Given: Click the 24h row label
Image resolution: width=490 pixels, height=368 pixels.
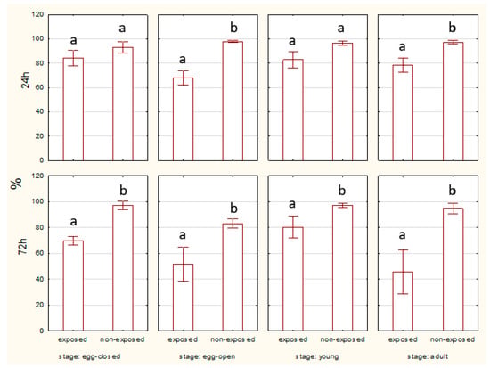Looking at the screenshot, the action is [25, 80].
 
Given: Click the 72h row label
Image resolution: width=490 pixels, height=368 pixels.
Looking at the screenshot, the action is [23, 246].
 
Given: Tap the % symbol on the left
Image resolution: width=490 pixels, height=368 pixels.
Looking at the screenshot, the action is [16, 184].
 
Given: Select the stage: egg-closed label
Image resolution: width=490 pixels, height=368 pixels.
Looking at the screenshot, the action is [89, 356].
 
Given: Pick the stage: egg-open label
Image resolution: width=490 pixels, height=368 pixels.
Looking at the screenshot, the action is [208, 356].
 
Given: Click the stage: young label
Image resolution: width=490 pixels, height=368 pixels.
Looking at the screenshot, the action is [317, 356].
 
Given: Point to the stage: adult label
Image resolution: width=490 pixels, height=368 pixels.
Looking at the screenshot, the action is [428, 356].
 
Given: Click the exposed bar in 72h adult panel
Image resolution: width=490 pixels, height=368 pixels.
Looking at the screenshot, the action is [403, 301].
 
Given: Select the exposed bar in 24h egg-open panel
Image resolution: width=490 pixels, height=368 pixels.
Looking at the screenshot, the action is [184, 119].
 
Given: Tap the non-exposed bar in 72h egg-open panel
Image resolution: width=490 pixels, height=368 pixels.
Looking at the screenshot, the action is [233, 277].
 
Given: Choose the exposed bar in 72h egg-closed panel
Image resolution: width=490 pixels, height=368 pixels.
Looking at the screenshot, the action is [73, 285].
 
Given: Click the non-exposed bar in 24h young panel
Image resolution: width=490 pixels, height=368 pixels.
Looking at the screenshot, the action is [343, 102].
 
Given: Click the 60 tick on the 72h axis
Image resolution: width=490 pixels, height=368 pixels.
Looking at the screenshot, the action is [39, 253].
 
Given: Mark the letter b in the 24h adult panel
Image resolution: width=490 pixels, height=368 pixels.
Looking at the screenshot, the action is [453, 28].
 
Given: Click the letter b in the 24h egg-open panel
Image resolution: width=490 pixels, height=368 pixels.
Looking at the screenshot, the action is [233, 28].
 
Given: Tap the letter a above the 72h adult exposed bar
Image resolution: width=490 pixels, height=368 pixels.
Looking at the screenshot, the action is [403, 235].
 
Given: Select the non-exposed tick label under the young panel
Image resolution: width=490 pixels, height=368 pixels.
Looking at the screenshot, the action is [342, 339].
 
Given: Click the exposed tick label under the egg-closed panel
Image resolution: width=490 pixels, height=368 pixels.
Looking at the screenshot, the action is [73, 339].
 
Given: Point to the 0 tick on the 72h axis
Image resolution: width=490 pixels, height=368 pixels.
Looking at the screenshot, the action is [42, 331].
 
